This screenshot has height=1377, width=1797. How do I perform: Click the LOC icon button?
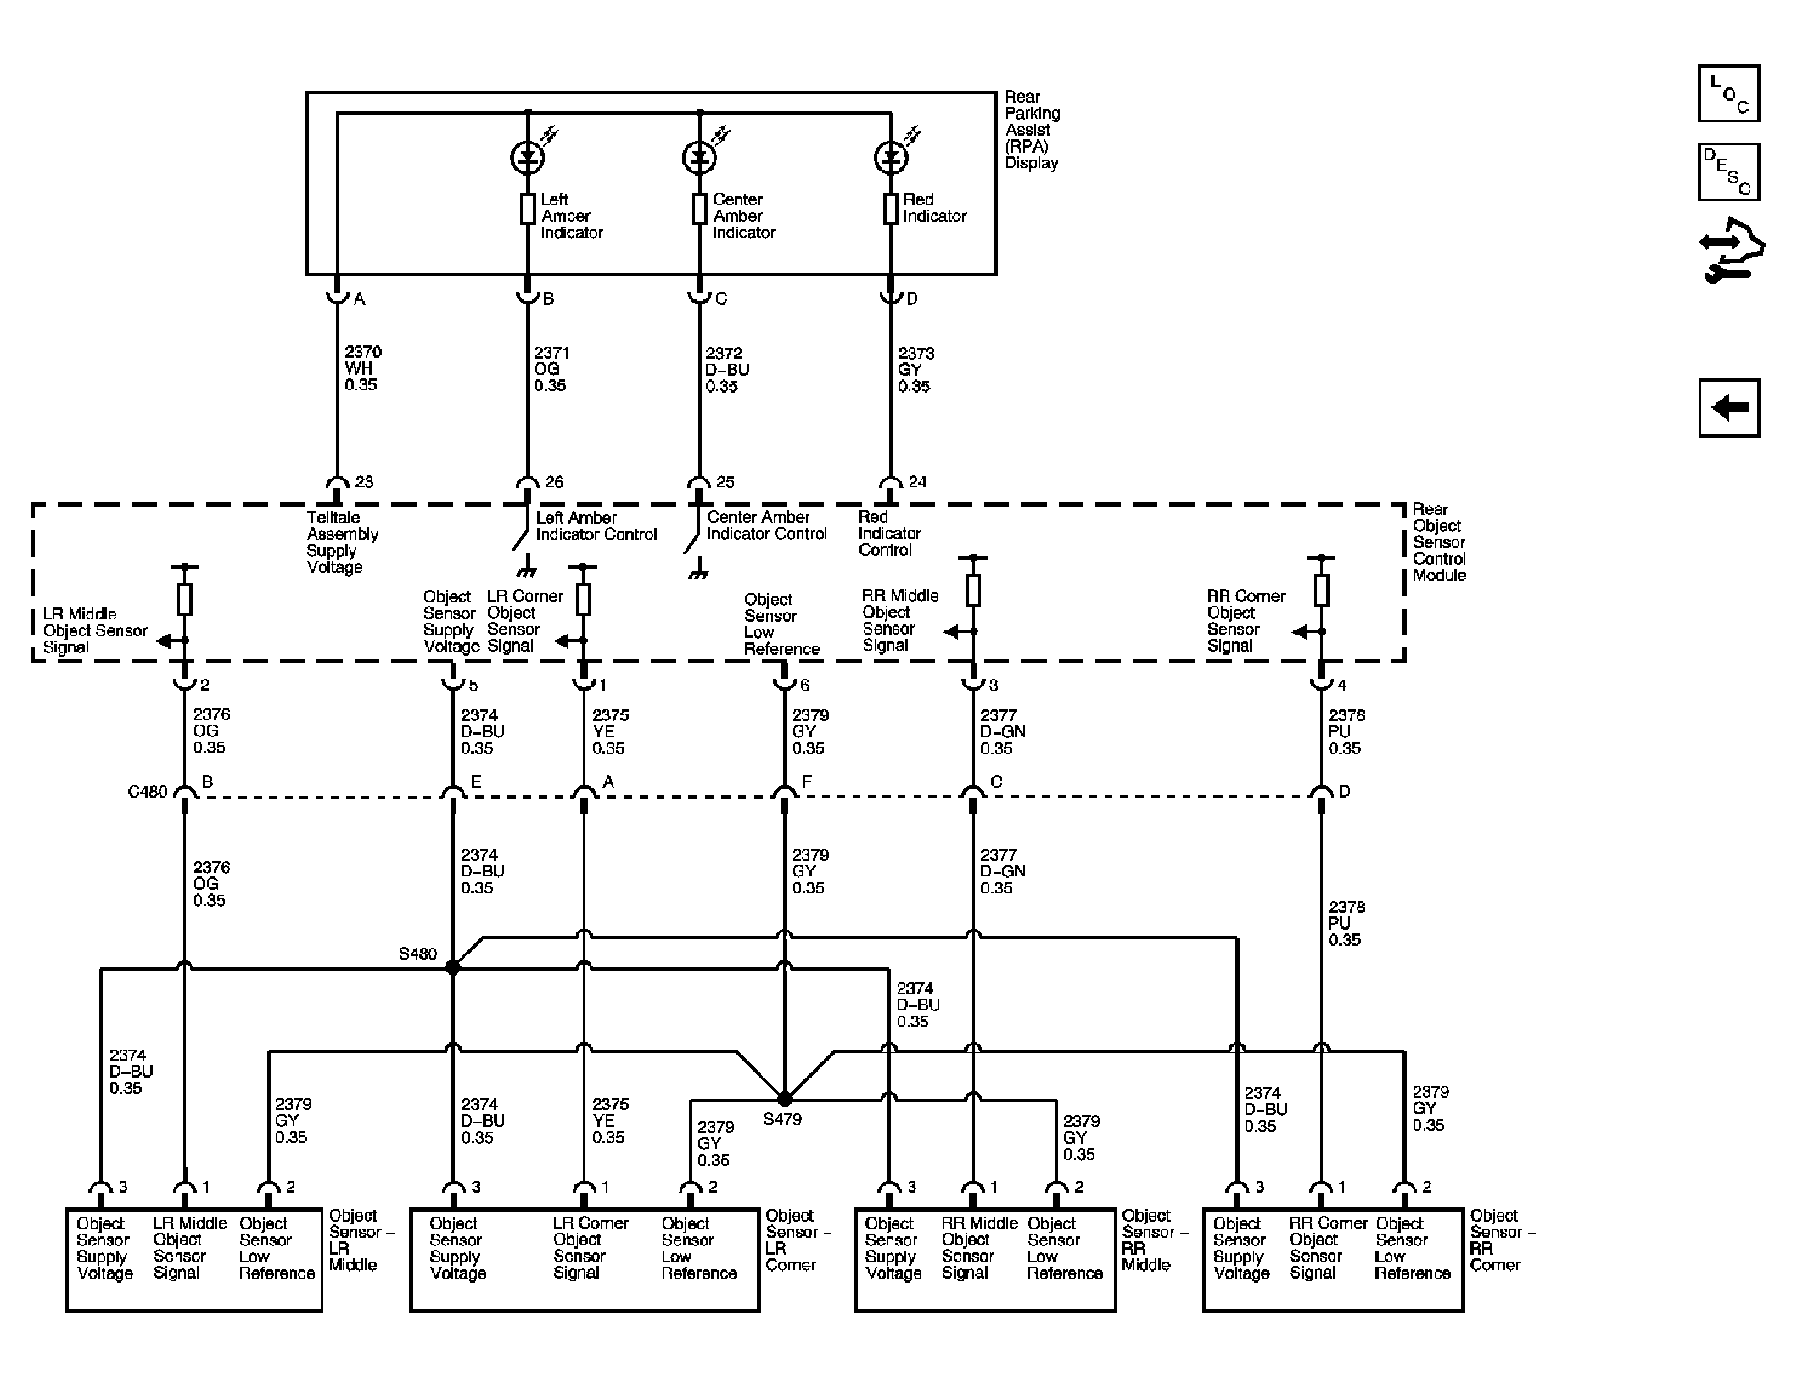tap(1728, 92)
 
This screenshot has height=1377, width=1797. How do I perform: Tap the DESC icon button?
tap(1728, 171)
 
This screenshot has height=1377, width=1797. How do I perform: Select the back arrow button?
tap(1729, 408)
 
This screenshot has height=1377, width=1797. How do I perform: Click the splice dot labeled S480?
tap(453, 967)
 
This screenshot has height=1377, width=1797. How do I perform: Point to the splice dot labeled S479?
tap(785, 1099)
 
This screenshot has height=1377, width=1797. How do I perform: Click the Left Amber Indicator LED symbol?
tap(528, 157)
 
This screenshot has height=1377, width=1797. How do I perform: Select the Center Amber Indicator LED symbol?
tap(700, 157)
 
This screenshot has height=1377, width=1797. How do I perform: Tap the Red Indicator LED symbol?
tap(891, 157)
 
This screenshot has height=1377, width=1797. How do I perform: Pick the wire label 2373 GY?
tap(915, 370)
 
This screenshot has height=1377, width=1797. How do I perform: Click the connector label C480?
tap(148, 792)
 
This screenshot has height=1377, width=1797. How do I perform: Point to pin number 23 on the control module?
tap(364, 482)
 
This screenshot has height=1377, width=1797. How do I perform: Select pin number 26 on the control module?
tap(554, 482)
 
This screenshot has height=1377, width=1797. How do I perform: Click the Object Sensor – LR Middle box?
tap(194, 1260)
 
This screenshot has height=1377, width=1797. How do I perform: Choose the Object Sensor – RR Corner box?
tap(1333, 1260)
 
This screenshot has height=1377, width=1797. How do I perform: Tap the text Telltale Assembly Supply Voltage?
tap(342, 542)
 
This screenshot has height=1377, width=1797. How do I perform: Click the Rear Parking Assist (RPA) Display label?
tap(1032, 130)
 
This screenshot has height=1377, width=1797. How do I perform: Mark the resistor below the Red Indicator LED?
tap(891, 209)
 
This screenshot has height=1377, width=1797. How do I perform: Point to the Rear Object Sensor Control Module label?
tap(1439, 542)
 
